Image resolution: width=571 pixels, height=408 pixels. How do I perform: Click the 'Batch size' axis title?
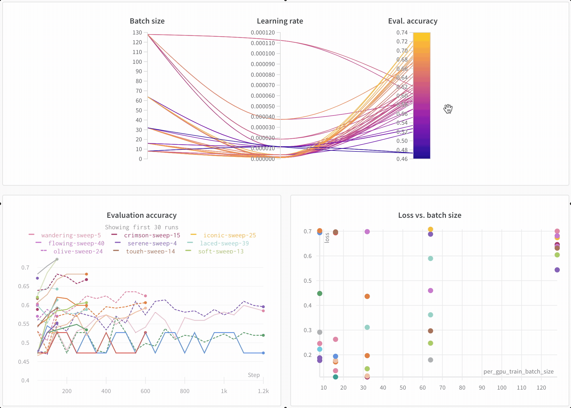pos(147,21)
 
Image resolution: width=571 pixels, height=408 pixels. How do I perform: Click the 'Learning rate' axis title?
pos(280,21)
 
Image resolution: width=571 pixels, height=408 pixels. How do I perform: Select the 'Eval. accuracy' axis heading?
pos(413,21)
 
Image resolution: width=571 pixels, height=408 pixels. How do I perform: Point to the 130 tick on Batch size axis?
pos(137,33)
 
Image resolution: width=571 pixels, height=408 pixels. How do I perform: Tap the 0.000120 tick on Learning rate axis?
pos(263,33)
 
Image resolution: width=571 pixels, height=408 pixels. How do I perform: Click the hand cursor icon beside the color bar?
pos(448,109)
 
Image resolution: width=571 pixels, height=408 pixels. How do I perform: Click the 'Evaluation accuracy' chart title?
pos(141,215)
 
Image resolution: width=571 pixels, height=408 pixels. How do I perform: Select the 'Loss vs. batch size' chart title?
pos(430,215)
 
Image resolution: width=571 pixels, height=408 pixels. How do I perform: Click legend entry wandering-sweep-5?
pos(71,235)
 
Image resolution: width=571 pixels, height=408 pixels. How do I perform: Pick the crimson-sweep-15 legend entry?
pos(152,235)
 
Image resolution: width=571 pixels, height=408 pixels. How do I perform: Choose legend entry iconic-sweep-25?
pos(229,235)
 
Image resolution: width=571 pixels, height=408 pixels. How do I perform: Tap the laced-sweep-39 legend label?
pos(224,243)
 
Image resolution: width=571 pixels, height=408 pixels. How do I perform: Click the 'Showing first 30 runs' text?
pos(141,227)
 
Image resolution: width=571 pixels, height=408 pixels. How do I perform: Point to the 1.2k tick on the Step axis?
pos(263,391)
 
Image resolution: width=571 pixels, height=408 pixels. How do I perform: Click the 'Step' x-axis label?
pos(254,375)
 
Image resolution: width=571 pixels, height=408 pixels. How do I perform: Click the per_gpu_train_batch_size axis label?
pos(518,372)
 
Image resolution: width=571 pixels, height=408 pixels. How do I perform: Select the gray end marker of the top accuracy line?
pos(57,259)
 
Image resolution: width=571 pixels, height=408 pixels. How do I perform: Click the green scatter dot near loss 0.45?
pos(319,293)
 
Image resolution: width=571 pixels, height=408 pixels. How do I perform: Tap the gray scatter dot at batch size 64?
pos(430,360)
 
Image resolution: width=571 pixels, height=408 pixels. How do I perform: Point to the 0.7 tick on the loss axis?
pos(307,231)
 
